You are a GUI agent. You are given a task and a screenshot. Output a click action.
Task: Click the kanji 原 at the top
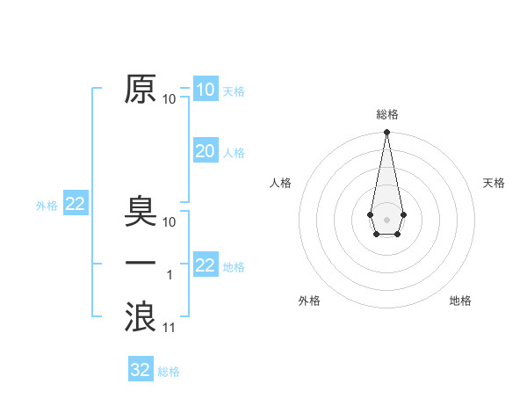[140, 91]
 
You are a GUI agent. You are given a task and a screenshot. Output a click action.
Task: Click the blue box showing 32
[141, 370]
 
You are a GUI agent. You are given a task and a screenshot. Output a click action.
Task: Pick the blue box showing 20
[205, 151]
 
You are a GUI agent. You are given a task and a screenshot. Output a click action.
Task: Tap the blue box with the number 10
[205, 90]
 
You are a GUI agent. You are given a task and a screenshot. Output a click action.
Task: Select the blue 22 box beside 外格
[75, 205]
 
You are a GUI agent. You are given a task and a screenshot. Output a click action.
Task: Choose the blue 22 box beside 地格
[205, 265]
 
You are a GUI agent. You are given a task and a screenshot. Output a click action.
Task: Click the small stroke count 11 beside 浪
[170, 328]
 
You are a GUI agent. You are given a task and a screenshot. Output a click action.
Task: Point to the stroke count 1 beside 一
[170, 275]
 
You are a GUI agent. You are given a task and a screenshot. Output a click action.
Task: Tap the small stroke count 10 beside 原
[170, 99]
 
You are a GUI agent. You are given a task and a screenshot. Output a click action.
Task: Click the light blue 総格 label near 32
[169, 372]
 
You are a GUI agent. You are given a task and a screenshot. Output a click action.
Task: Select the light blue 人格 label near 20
[234, 153]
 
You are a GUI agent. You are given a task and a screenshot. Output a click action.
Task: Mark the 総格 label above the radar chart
[387, 114]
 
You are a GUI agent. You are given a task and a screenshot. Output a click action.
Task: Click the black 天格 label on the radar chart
[494, 183]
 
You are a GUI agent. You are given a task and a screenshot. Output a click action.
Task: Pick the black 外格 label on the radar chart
[309, 301]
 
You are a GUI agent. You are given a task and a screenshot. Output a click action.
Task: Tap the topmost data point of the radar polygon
[386, 133]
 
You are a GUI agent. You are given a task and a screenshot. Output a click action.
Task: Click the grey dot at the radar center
[386, 218]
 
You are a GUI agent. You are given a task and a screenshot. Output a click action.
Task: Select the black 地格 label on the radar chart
[460, 301]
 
